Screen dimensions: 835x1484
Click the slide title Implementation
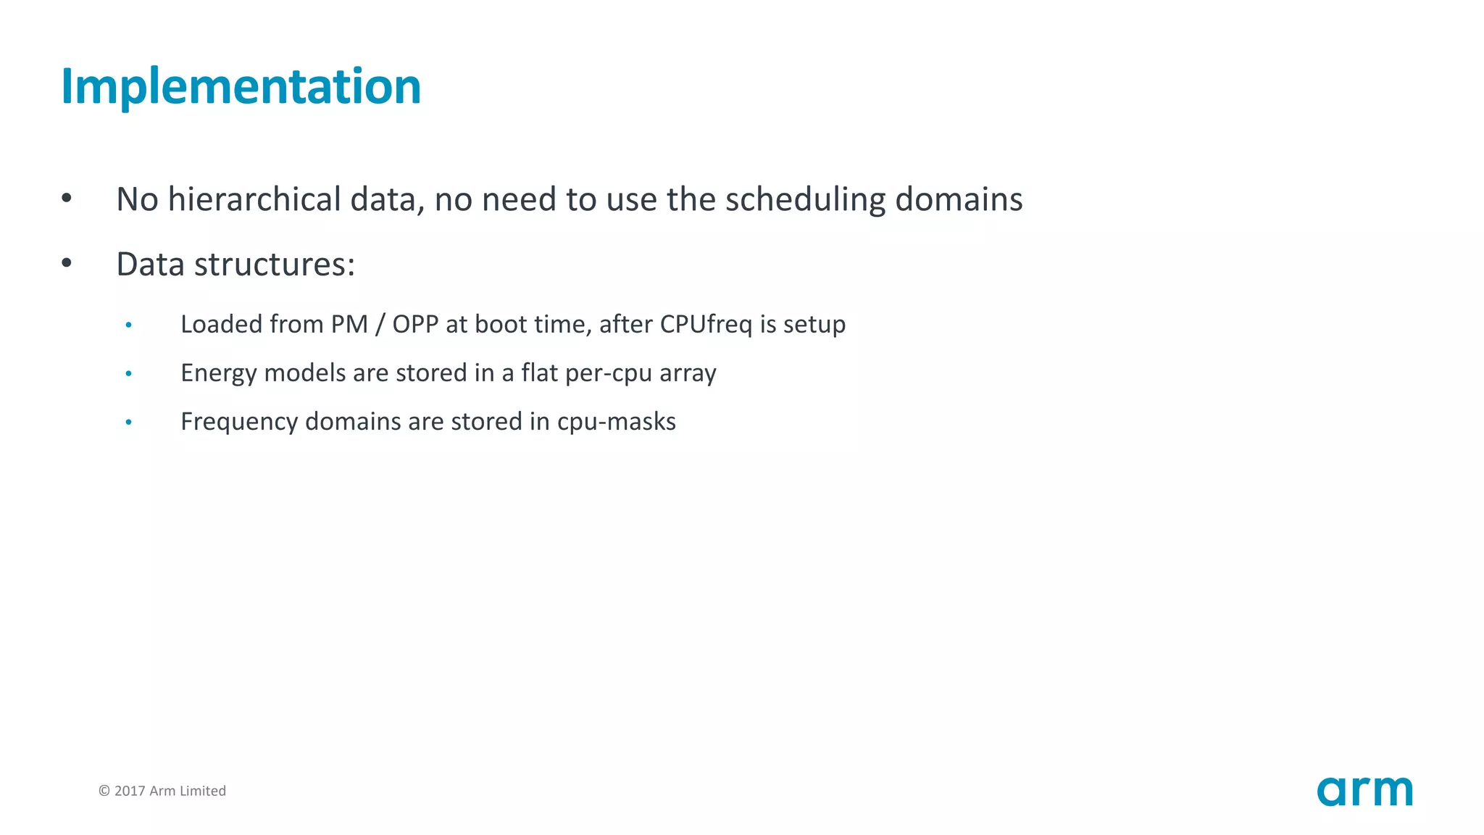pos(241,87)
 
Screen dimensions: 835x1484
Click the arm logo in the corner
pos(1364,791)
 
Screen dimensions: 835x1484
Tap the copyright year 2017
pos(130,791)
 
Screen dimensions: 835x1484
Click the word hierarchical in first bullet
pos(254,199)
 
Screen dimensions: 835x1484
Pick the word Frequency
pos(239,422)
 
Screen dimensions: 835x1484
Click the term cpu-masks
pos(616,422)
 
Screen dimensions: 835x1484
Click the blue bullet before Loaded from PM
pos(129,325)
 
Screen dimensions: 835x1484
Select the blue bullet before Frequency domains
pos(129,423)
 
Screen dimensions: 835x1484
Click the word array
pos(688,373)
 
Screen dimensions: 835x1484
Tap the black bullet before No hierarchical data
pos(67,199)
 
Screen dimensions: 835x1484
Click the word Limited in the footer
pos(203,791)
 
